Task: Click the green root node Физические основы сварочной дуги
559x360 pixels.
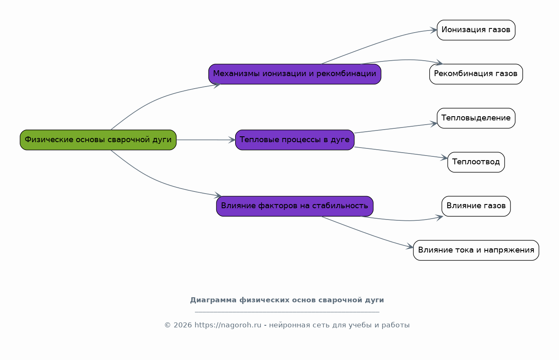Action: click(x=98, y=140)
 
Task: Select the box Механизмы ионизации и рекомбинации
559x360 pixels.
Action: click(x=295, y=74)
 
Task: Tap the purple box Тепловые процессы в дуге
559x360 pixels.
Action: click(x=295, y=140)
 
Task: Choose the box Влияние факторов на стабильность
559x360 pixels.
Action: click(x=295, y=206)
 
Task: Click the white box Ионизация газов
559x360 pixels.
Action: click(x=476, y=30)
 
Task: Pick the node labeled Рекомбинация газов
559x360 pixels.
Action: click(x=476, y=74)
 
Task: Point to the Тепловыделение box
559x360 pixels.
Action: click(x=476, y=118)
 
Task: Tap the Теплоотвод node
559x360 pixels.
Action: click(x=476, y=162)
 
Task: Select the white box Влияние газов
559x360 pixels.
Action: click(x=476, y=206)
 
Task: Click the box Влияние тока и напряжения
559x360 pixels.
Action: click(x=476, y=250)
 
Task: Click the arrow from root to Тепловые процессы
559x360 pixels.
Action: click(x=205, y=140)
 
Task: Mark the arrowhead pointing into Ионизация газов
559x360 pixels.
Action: click(x=434, y=30)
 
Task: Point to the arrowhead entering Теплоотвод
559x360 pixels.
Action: click(x=444, y=158)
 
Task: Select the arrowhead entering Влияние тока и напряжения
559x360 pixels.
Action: click(x=410, y=248)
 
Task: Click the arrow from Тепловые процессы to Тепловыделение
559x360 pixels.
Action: click(x=395, y=128)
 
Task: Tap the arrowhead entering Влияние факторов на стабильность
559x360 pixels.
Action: click(x=218, y=195)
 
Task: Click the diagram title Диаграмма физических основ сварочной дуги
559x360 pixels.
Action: click(x=287, y=300)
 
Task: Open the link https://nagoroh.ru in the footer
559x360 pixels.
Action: click(x=228, y=325)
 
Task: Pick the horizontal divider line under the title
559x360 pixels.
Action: click(x=287, y=312)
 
